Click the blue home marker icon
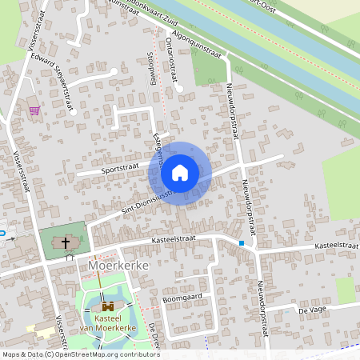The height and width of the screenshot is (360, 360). click(180, 172)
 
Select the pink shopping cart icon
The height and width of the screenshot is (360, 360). click(34, 110)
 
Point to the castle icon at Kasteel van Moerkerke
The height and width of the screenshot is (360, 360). click(106, 306)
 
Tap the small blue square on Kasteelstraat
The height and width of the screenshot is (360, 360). click(242, 242)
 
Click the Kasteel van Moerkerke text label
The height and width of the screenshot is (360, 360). click(106, 323)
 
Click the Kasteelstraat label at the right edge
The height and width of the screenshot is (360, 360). click(336, 246)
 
